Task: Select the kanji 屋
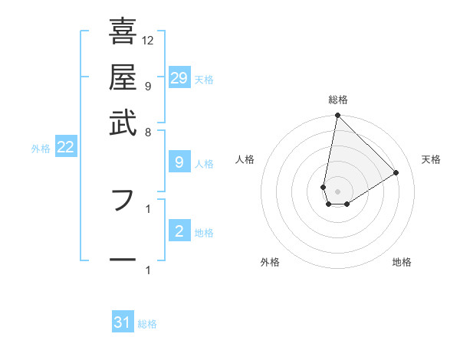(x=123, y=77)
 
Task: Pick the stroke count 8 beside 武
(x=148, y=132)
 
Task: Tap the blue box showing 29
(x=179, y=78)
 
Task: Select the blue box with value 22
(x=65, y=147)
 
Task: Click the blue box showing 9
(x=179, y=162)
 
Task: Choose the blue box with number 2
(x=179, y=231)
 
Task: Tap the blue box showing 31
(x=123, y=322)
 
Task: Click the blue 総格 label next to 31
(x=147, y=324)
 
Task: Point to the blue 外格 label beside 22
(x=41, y=149)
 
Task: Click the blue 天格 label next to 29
(x=204, y=80)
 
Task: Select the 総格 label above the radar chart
(x=338, y=100)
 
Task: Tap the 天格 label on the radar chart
(x=431, y=159)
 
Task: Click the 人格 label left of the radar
(x=245, y=159)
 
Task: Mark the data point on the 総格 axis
(x=337, y=116)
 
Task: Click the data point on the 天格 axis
(x=396, y=172)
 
